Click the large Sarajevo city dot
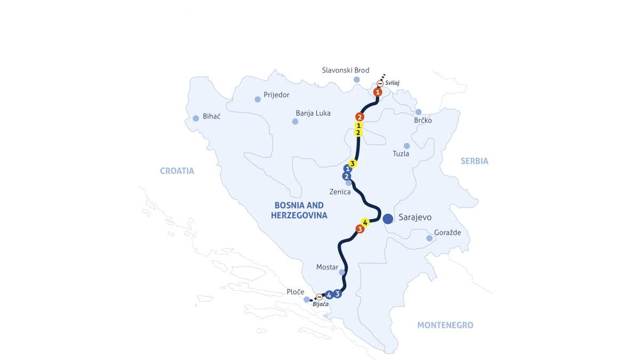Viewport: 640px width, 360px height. pos(388,218)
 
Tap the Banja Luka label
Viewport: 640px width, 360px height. pos(313,113)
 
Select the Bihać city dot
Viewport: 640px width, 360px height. pos(196,118)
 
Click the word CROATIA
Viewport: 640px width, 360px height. pos(177,171)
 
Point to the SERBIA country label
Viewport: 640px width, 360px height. pos(475,161)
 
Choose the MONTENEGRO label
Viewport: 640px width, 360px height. pos(445,325)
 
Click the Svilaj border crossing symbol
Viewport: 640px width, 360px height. pos(380,84)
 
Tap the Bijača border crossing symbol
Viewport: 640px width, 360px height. pos(319,297)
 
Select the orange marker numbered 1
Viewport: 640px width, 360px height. pos(378,92)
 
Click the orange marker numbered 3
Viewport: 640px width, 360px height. pos(360,229)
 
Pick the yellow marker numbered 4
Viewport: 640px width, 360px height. pos(365,222)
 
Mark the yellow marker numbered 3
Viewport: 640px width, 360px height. pos(353,163)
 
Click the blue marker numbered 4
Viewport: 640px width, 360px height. pos(329,295)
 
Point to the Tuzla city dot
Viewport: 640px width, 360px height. pos(407,146)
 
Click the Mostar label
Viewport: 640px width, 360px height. pos(327,267)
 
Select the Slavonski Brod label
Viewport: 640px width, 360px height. pos(346,70)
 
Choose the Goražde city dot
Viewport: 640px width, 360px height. pos(429,238)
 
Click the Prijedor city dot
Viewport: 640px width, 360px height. pos(258,99)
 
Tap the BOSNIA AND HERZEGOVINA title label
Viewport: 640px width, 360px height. pos(300,210)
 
